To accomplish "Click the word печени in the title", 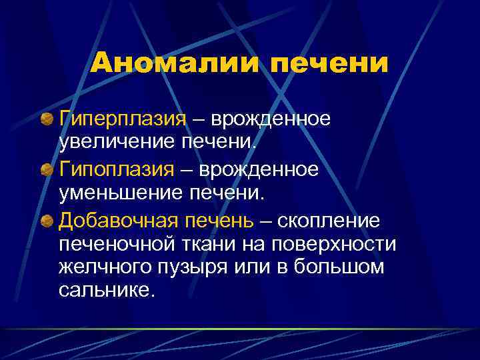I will (x=326, y=64).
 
